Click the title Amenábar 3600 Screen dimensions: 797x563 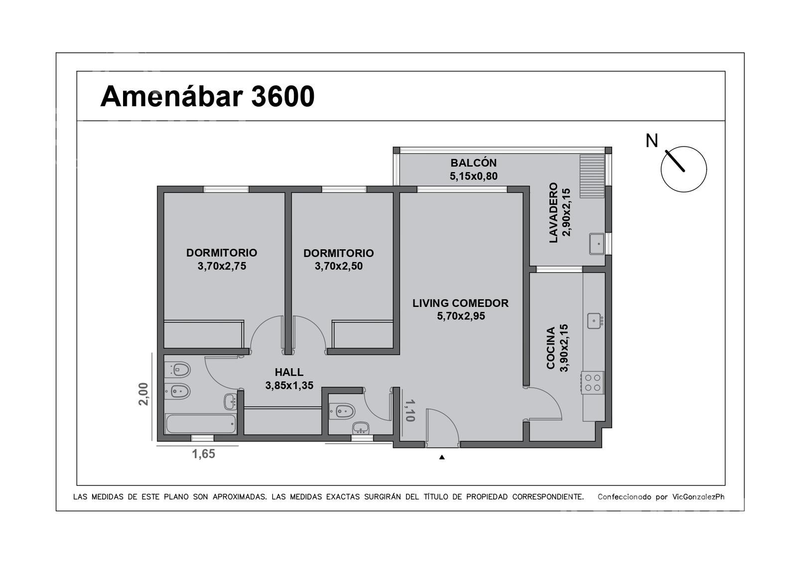(207, 97)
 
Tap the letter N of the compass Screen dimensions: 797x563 (652, 141)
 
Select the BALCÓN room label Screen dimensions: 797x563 (474, 163)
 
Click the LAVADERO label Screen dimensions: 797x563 (553, 213)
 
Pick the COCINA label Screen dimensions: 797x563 (551, 348)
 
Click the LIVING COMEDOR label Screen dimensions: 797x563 (460, 303)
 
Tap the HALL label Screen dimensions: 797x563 (289, 372)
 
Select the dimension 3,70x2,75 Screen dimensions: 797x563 (222, 266)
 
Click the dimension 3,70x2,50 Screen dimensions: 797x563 (339, 266)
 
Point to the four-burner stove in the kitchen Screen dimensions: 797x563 (592, 383)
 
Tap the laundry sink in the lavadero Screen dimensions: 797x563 (597, 244)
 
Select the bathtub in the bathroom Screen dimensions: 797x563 (201, 424)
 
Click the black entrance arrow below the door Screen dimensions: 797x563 (442, 457)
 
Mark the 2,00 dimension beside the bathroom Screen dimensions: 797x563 (143, 394)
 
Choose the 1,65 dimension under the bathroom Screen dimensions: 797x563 (204, 454)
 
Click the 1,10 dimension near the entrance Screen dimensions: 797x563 (410, 411)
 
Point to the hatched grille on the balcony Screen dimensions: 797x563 (592, 176)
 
